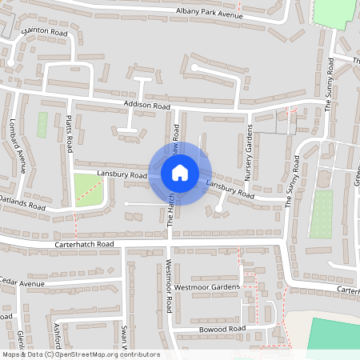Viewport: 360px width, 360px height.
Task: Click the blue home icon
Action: tap(180, 173)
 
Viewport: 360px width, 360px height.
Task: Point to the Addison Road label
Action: tap(147, 106)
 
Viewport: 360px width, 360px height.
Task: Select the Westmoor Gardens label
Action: tap(206, 286)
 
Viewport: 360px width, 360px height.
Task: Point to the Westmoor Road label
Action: tap(169, 286)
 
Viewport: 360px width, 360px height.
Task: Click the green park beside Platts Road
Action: tap(89, 190)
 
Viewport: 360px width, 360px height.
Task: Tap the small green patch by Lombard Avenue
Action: tap(42, 124)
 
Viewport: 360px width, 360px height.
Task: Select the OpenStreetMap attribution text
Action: tap(81, 354)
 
